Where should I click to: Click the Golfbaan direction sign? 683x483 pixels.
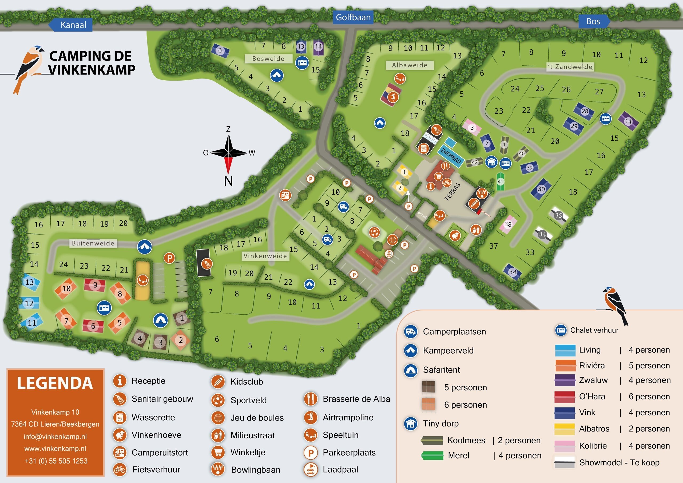[x=353, y=17]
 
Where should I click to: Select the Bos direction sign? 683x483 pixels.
[x=593, y=21]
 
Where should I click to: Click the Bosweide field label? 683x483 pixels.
[x=268, y=59]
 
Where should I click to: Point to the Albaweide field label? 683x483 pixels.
[x=409, y=65]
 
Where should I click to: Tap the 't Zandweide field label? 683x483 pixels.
[x=570, y=67]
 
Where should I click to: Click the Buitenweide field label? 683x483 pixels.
[x=93, y=243]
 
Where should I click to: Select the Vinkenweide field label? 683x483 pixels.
[x=265, y=256]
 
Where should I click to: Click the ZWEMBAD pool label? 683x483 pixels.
[x=450, y=156]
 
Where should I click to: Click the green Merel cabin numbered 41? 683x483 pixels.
[x=500, y=181]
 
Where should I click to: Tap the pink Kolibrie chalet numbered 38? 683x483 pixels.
[x=508, y=224]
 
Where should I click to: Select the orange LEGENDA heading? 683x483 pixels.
[x=55, y=383]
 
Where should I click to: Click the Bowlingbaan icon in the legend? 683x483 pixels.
[x=217, y=469]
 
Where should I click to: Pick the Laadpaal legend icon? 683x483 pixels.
[x=310, y=469]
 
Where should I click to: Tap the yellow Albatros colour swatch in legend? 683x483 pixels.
[x=564, y=429]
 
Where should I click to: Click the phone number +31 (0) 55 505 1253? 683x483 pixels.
[x=56, y=461]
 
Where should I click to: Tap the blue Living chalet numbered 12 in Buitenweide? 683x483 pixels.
[x=29, y=303]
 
